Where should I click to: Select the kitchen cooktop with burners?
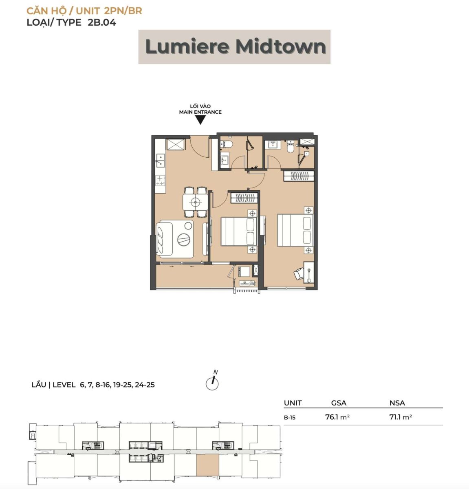tap(160, 180)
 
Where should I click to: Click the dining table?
tap(195, 202)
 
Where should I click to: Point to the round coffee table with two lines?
tap(184, 239)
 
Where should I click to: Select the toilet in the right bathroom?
tap(291, 147)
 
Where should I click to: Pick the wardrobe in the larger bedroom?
tap(299, 176)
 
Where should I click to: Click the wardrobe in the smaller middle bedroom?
tap(244, 197)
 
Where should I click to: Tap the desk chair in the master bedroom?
tap(299, 274)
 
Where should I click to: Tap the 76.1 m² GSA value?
tap(337, 417)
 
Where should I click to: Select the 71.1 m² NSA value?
tap(401, 417)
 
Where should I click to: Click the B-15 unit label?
tap(290, 418)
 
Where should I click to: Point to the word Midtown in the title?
tap(281, 47)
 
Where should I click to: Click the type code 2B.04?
tap(102, 22)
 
